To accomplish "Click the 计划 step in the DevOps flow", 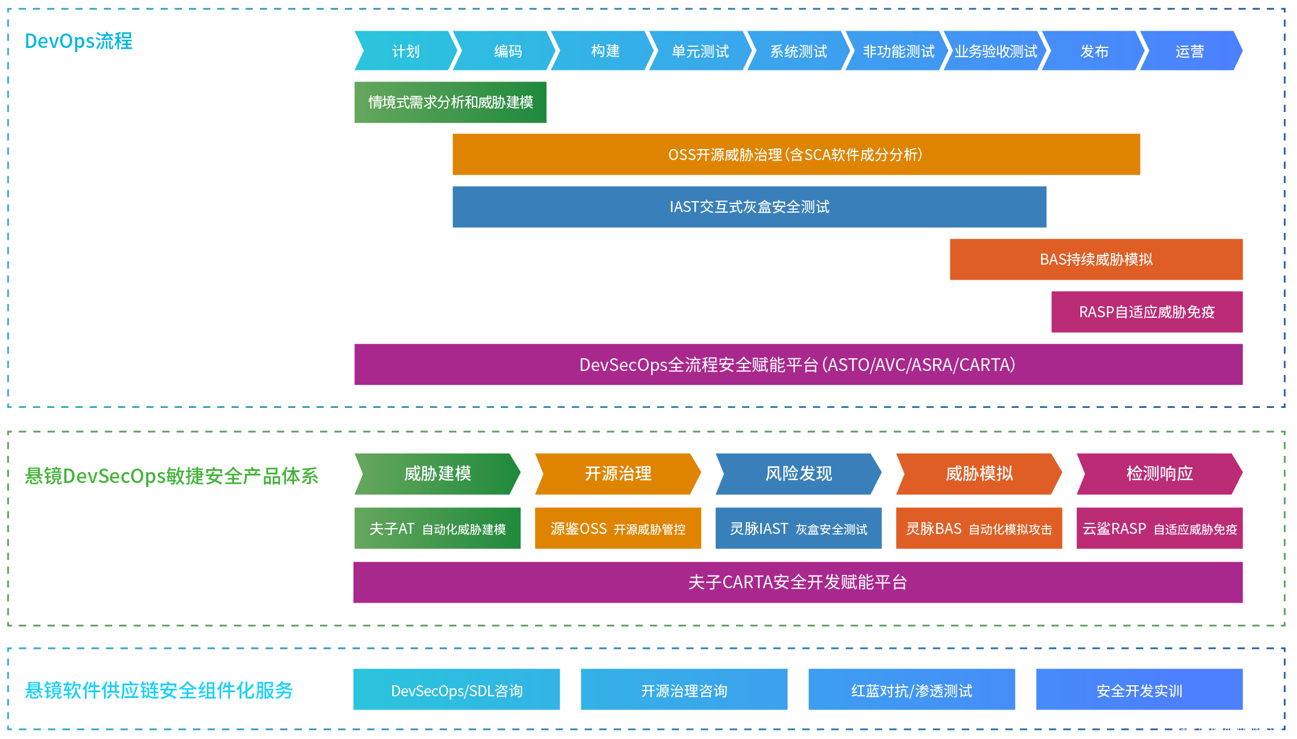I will [x=406, y=51].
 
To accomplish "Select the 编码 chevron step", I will [x=507, y=51].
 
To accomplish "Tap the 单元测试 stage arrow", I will [x=700, y=51].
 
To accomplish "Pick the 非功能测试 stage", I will [x=898, y=51].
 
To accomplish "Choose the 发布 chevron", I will [x=1094, y=51].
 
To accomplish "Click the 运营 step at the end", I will [x=1190, y=51].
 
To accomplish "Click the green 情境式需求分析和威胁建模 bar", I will [x=450, y=102].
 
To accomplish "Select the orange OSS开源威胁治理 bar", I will [x=796, y=154].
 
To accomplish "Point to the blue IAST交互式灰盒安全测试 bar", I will [x=749, y=207].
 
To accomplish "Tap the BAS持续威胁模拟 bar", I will [x=1095, y=259].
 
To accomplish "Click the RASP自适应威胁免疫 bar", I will [x=1146, y=312].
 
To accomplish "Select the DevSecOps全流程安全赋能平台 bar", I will [x=798, y=365].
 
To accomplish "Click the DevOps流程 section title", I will [x=79, y=41].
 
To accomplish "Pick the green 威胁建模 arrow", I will [x=437, y=474].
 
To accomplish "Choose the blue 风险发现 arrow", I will [x=798, y=474].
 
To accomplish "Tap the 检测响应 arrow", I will [x=1159, y=474].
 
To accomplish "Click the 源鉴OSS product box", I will [x=618, y=528].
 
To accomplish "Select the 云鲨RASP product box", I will [x=1159, y=528].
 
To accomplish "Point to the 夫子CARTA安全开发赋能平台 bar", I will [x=797, y=582].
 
